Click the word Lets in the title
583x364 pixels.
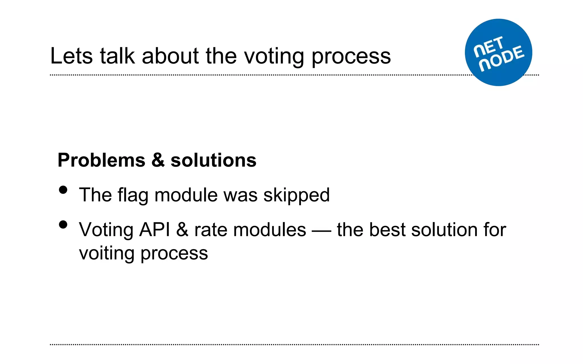pos(71,56)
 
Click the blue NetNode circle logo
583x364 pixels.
pos(498,52)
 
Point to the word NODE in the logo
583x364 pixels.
pos(502,58)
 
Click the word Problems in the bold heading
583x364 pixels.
pos(101,161)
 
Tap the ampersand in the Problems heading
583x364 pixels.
pos(158,160)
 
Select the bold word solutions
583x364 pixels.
pos(213,160)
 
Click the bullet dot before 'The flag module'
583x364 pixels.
pos(63,190)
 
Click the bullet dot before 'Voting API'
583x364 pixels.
pos(63,225)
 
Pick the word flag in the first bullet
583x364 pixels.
pos(133,196)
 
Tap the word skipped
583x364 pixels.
pos(296,196)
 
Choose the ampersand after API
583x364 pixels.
pos(182,230)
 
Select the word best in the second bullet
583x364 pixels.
pos(387,230)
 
